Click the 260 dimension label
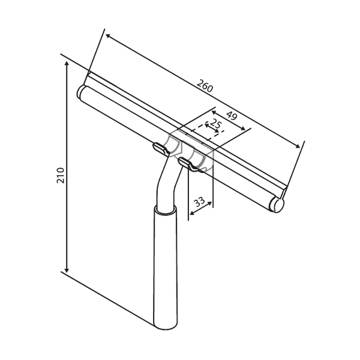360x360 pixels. (205, 86)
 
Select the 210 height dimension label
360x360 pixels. (61, 176)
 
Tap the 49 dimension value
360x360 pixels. (232, 115)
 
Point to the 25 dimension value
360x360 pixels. (216, 124)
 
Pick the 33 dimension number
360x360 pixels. (199, 202)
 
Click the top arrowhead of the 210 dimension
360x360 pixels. (67, 64)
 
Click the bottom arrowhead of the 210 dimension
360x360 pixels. (67, 270)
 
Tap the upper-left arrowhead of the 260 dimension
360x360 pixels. (108, 36)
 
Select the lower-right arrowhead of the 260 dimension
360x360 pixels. (298, 146)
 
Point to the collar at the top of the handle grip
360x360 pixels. (166, 210)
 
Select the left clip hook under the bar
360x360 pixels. (161, 149)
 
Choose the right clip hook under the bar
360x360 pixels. (188, 164)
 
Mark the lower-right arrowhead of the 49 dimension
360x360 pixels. (243, 129)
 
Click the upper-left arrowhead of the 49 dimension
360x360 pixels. (214, 112)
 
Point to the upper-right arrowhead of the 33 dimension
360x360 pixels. (209, 203)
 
